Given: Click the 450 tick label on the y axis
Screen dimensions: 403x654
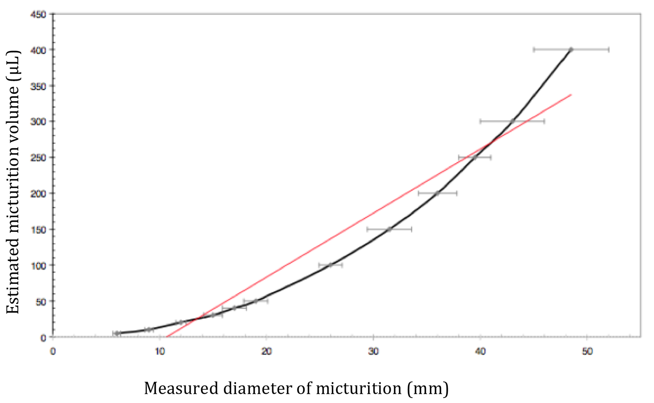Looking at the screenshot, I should pyautogui.click(x=38, y=15).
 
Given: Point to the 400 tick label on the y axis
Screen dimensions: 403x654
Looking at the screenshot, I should pyautogui.click(x=38, y=50).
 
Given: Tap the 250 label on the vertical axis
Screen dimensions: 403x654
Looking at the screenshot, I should pyautogui.click(x=38, y=158).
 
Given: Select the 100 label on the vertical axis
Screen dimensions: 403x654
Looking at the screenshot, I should pyautogui.click(x=38, y=266).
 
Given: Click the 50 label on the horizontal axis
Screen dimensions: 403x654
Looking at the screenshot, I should pyautogui.click(x=587, y=351).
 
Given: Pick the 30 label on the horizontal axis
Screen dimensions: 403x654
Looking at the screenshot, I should pyautogui.click(x=373, y=351).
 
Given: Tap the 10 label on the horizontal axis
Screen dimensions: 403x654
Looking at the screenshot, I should pyautogui.click(x=159, y=351).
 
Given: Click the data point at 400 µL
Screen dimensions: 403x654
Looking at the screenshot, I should pyautogui.click(x=571, y=49).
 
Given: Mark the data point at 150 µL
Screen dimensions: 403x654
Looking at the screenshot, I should pyautogui.click(x=389, y=229).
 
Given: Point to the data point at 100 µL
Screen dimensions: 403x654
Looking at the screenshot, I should pyautogui.click(x=331, y=265).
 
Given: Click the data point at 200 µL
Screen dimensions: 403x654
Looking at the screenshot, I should pyautogui.click(x=437, y=193).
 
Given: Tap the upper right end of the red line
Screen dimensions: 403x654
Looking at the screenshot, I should pyautogui.click(x=571, y=94).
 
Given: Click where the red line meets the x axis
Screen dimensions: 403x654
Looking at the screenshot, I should pyautogui.click(x=167, y=337).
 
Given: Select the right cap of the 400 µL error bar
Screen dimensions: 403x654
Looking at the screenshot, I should pyautogui.click(x=609, y=49).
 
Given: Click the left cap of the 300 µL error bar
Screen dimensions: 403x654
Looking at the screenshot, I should pyautogui.click(x=480, y=121).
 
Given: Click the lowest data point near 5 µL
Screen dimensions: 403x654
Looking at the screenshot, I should pyautogui.click(x=117, y=333).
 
